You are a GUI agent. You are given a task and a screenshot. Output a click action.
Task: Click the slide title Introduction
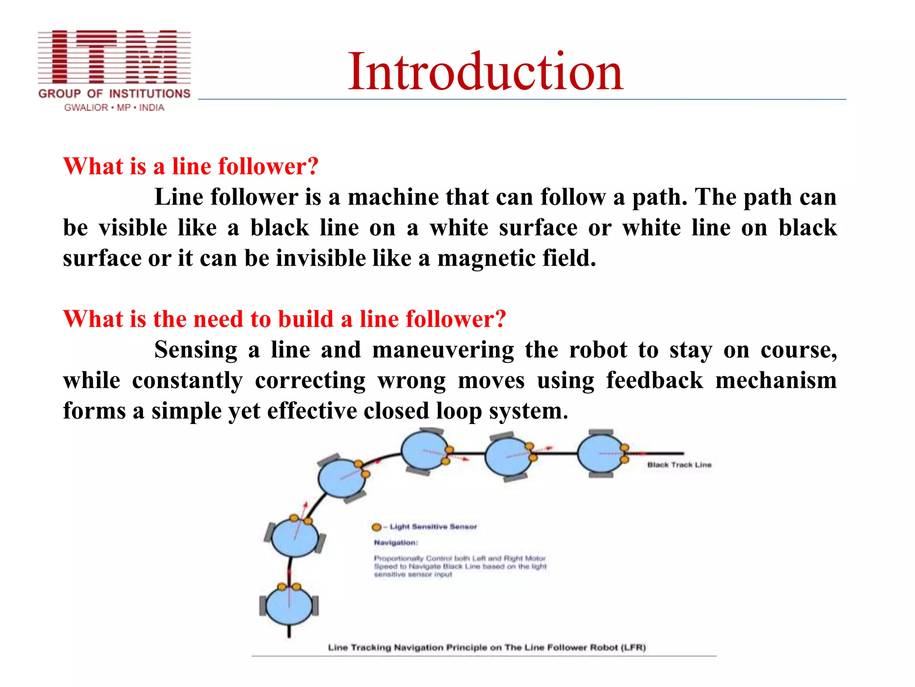(x=485, y=72)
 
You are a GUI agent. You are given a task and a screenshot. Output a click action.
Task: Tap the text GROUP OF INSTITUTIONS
(x=114, y=93)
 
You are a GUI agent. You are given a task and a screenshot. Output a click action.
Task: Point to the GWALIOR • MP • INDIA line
(x=114, y=108)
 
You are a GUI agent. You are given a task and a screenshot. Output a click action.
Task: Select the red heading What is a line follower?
(x=191, y=166)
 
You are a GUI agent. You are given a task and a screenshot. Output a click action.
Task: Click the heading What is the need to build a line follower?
(x=285, y=319)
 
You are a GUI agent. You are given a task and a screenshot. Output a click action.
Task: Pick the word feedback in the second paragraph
(x=654, y=381)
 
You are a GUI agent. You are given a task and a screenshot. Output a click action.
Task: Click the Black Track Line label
(x=679, y=465)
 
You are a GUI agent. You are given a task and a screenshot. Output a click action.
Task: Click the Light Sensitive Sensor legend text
(x=433, y=527)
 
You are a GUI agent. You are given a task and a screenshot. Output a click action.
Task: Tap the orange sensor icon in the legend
(x=377, y=527)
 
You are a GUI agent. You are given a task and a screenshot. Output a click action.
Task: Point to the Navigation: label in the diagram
(x=396, y=543)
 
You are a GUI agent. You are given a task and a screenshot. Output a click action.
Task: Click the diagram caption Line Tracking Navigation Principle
(x=487, y=648)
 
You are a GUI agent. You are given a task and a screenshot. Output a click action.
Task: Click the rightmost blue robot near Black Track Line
(x=601, y=454)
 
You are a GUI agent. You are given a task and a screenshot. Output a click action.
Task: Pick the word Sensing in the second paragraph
(x=196, y=350)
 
